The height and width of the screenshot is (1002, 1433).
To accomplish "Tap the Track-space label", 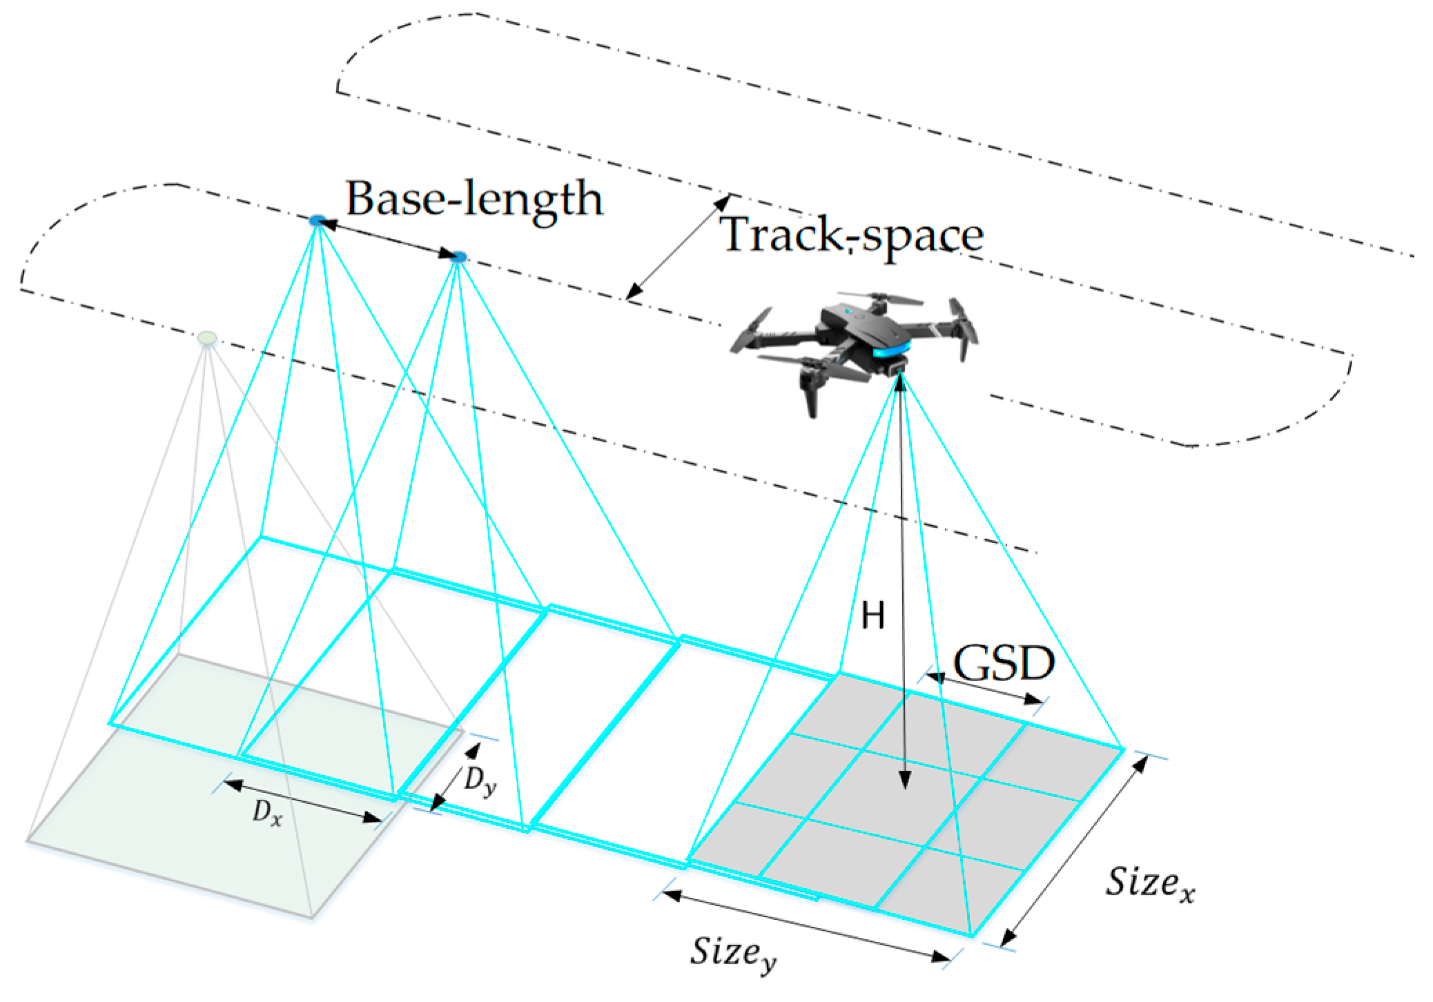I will pos(850,235).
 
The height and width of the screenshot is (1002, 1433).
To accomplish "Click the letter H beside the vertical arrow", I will pos(873,615).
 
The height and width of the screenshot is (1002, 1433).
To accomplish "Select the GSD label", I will pos(1004,664).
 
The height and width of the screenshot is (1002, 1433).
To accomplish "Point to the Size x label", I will pos(1149,883).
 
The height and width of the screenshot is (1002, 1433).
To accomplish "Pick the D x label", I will pos(267,812).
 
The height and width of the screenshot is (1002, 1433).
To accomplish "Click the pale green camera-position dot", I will pos(207,338).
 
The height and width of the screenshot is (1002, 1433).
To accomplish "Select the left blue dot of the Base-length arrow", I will pos(318,221).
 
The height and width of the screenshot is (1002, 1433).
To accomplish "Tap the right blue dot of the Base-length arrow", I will pos(458,257).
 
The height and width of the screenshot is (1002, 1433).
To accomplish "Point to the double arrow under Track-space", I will pos(679,247).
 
